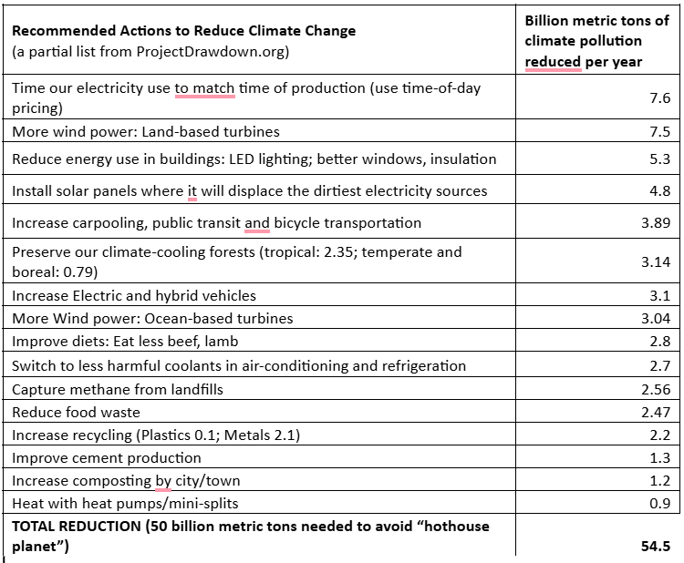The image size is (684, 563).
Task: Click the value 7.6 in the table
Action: pyautogui.click(x=660, y=97)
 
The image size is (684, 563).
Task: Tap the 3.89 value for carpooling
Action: pyautogui.click(x=656, y=223)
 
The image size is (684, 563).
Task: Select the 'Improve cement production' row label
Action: pyautogui.click(x=107, y=457)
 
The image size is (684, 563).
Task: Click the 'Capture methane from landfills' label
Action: pyautogui.click(x=118, y=389)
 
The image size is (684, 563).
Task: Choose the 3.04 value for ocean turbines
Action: pyautogui.click(x=656, y=319)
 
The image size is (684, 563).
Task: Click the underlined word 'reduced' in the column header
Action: pyautogui.click(x=553, y=61)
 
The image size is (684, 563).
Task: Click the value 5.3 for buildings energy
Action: pyautogui.click(x=660, y=159)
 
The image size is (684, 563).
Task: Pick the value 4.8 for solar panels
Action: pyautogui.click(x=660, y=191)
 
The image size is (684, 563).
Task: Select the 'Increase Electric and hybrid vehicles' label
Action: pyautogui.click(x=134, y=295)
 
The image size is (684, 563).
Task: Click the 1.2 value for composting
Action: pyautogui.click(x=660, y=481)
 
